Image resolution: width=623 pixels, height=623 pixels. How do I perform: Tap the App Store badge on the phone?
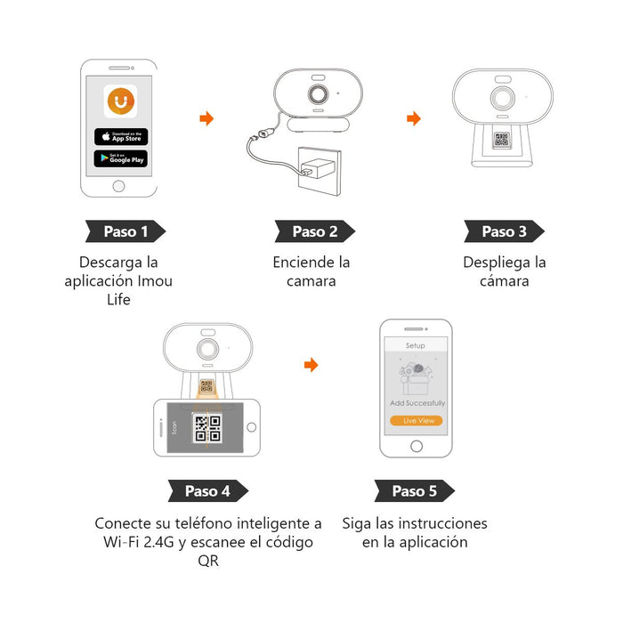(121, 136)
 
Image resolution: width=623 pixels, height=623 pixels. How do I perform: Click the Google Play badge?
(121, 158)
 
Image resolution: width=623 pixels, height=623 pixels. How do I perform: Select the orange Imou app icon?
(121, 101)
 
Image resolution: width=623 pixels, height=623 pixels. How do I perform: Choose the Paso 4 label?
(207, 490)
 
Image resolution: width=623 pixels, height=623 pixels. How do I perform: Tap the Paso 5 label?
(414, 490)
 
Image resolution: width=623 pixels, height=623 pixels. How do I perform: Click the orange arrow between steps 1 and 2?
(206, 118)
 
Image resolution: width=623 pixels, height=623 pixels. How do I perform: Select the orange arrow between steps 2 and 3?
(413, 118)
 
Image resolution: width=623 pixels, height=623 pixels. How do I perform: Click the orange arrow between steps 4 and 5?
(311, 365)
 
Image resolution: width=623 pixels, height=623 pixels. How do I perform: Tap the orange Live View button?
(417, 420)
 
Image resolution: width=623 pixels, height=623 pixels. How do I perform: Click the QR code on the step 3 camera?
(501, 140)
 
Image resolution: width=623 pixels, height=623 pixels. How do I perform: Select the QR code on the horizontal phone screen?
(207, 428)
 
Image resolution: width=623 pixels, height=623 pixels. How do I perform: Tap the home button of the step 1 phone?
(119, 186)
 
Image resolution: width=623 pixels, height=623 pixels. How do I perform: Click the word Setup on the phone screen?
(416, 345)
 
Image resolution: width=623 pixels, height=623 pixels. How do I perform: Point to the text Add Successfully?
(417, 403)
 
